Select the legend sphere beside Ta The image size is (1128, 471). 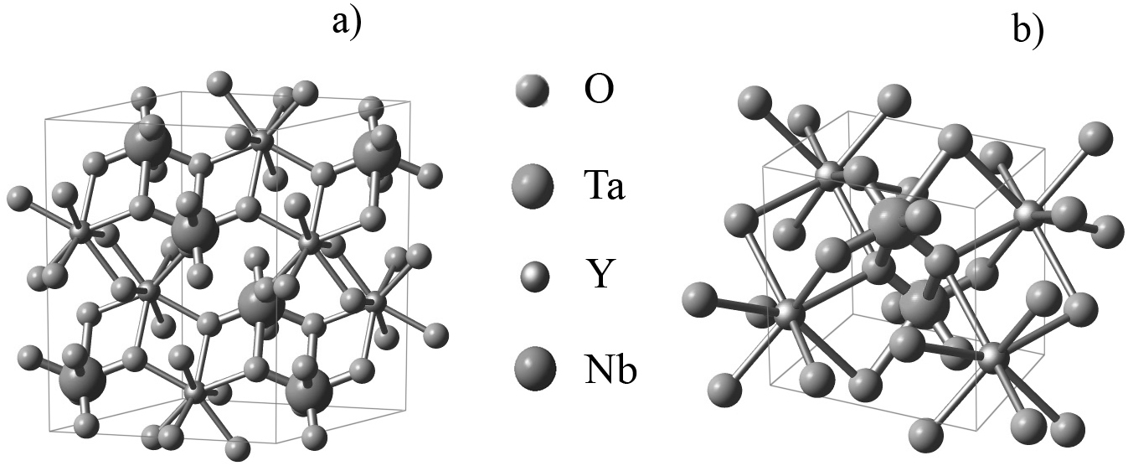(x=532, y=185)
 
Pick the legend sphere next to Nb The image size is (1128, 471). (x=532, y=369)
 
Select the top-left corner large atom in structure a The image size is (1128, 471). (x=147, y=144)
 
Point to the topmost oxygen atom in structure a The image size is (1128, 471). (x=219, y=82)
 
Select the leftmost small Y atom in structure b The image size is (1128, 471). (x=786, y=314)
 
